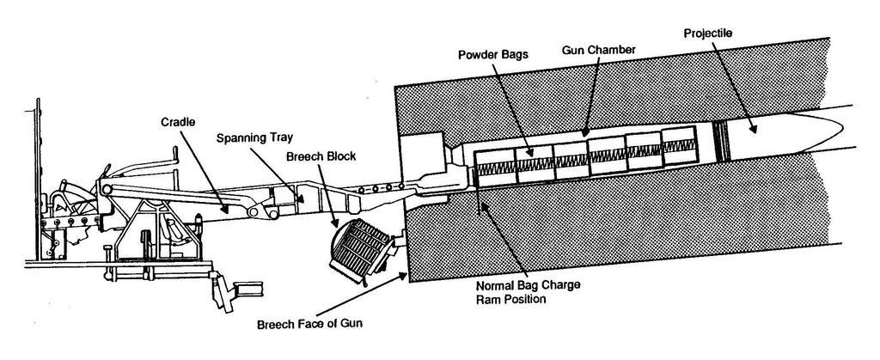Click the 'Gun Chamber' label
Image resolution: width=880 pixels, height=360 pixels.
tap(598, 50)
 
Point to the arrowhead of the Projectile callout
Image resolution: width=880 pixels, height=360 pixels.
tap(755, 131)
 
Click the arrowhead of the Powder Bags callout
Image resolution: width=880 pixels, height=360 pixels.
tap(534, 157)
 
